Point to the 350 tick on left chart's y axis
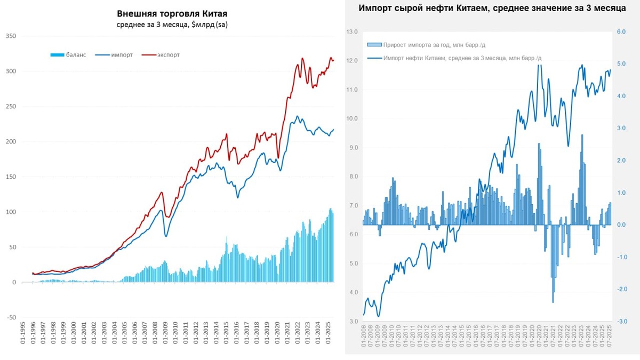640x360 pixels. [11, 36]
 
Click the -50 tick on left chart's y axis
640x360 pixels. [11, 317]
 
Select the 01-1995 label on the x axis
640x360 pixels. [22, 335]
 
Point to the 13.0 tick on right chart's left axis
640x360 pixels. [352, 32]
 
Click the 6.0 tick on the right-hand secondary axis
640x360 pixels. [621, 32]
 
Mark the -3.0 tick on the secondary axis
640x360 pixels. [621, 321]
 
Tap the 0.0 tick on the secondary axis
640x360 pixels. [621, 225]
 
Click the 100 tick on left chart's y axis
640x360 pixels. [11, 212]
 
